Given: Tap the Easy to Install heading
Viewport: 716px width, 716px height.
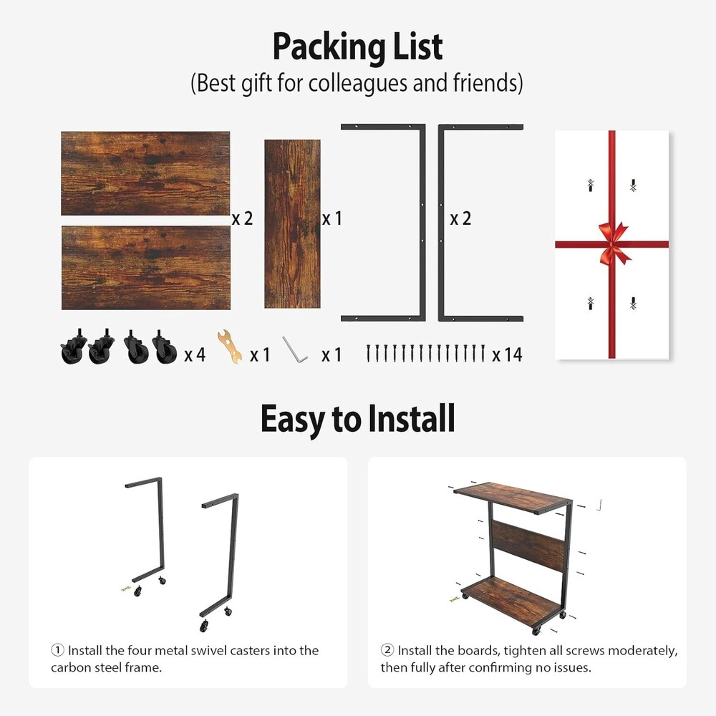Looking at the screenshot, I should click(x=357, y=419).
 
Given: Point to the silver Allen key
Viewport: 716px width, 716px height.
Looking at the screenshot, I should click(x=294, y=349).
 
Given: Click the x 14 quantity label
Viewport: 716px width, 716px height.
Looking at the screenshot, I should click(x=507, y=354).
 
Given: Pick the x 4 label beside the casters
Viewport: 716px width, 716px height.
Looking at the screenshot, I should click(x=195, y=354).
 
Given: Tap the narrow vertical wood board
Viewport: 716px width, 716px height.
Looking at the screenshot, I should click(x=291, y=223).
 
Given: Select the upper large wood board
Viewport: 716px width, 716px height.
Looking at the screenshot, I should click(x=145, y=173).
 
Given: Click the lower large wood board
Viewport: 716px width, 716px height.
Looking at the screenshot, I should click(x=145, y=268).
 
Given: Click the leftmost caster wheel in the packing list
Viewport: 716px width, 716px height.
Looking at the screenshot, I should click(x=72, y=348).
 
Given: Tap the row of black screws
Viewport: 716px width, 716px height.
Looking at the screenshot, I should click(x=425, y=352).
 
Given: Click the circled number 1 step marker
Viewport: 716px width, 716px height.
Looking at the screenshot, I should click(x=57, y=650).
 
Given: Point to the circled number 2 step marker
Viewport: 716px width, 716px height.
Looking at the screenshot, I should click(x=387, y=650).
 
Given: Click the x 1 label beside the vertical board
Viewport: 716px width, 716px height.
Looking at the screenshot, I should click(x=332, y=218).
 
